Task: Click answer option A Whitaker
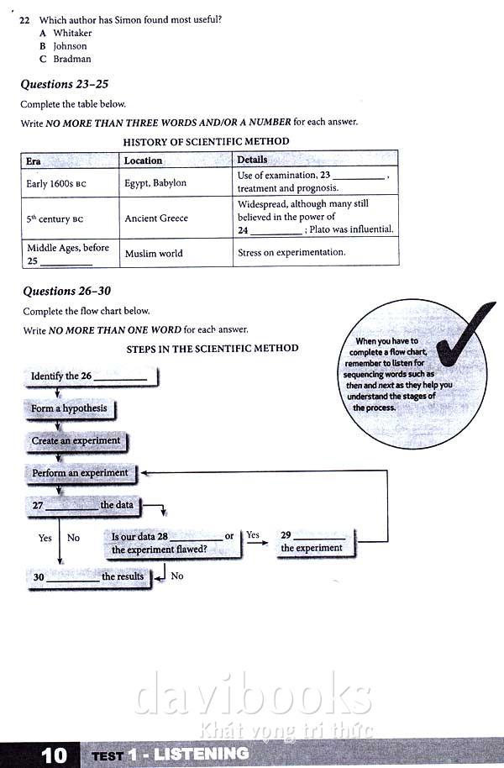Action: tap(66, 33)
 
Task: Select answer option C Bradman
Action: tap(66, 59)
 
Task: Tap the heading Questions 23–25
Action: tap(65, 84)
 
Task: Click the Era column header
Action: tap(34, 160)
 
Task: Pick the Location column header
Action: tap(143, 160)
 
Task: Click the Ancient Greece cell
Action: tap(156, 218)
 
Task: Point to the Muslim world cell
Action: tap(154, 253)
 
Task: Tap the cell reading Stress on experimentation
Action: tap(291, 252)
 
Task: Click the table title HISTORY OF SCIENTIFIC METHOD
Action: tap(206, 141)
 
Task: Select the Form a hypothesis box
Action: tap(69, 408)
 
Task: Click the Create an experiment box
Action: tap(76, 441)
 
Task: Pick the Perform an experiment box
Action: tap(80, 473)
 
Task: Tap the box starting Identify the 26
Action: tap(89, 376)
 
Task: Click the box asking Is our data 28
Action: tap(173, 543)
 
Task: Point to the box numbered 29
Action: tap(312, 542)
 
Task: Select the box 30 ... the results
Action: tap(88, 577)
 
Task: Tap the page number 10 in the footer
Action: tap(54, 755)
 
